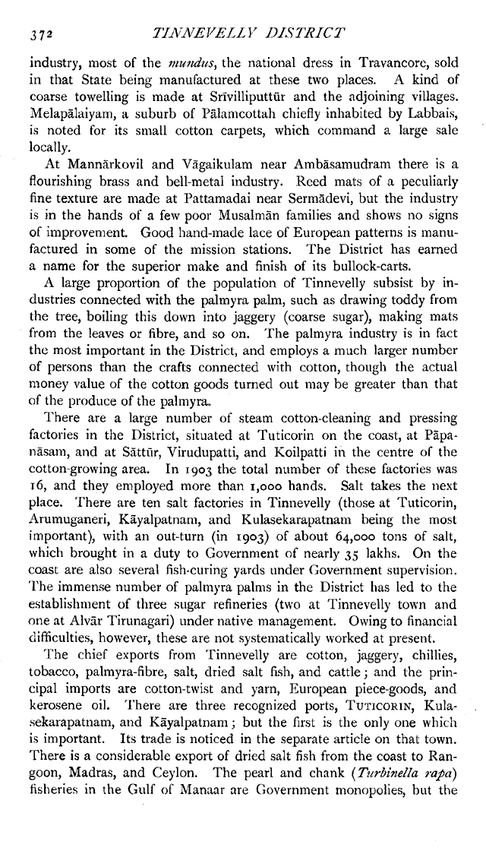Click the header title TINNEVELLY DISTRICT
click(250, 33)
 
